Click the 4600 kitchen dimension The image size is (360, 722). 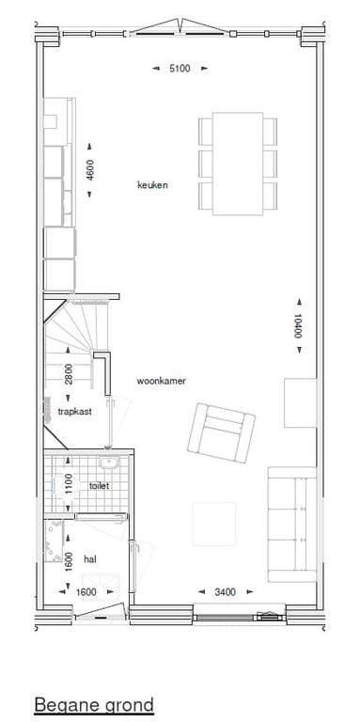click(x=91, y=170)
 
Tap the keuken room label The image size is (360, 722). click(x=152, y=185)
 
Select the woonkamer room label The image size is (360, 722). click(x=161, y=381)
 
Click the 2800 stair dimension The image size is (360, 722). click(x=68, y=374)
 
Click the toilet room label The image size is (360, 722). click(x=99, y=486)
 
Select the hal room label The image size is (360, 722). click(x=90, y=558)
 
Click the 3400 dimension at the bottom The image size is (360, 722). click(x=225, y=591)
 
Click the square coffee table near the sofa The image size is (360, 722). click(x=214, y=525)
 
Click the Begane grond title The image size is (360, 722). click(x=93, y=704)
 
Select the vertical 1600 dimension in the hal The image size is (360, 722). click(x=68, y=559)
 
